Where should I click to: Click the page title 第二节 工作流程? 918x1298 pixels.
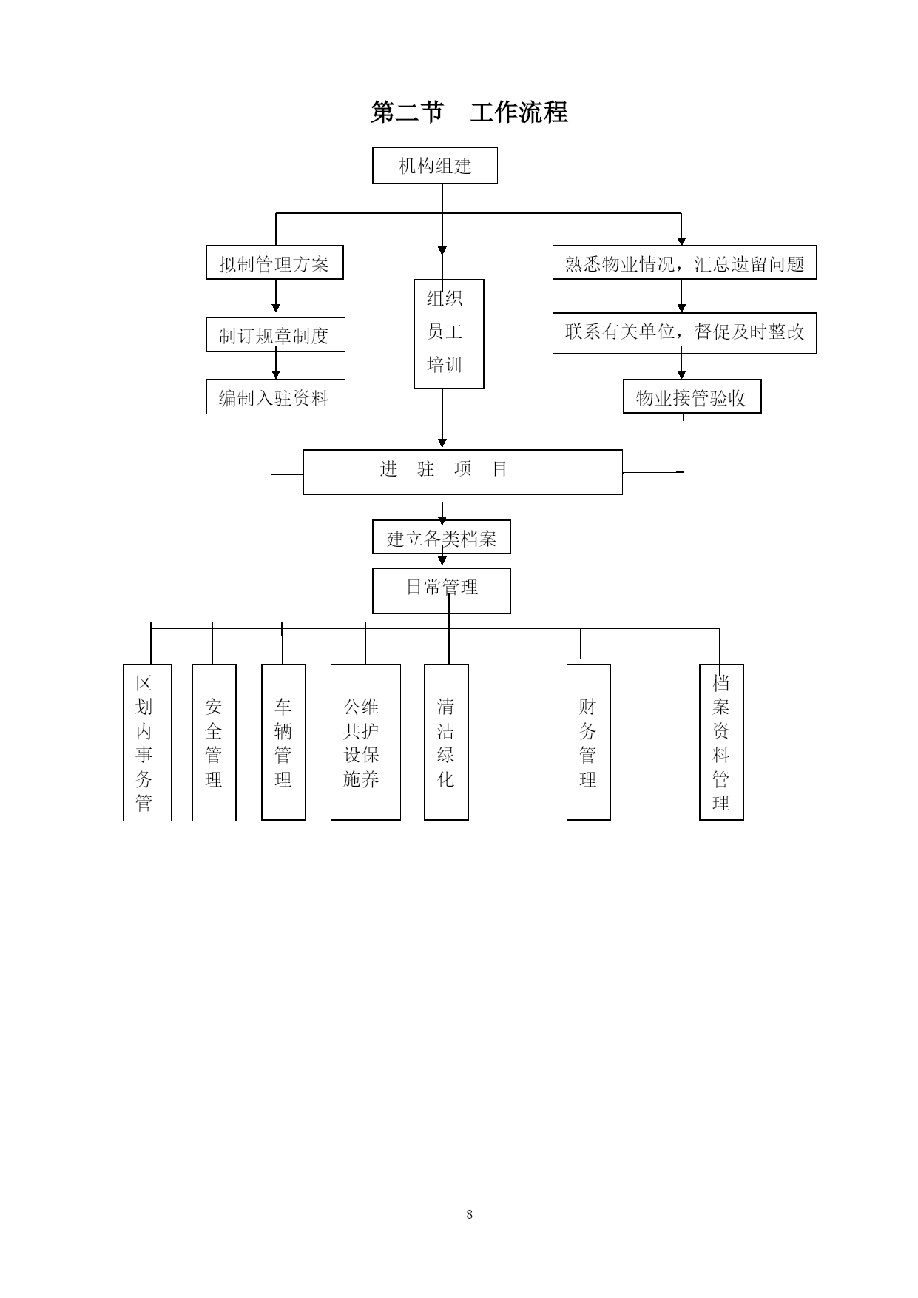click(469, 112)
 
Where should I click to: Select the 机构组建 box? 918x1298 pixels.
click(435, 166)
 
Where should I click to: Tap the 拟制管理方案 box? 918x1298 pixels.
click(274, 263)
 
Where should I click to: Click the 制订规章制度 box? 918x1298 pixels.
click(275, 334)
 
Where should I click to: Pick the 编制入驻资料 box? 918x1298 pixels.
click(275, 397)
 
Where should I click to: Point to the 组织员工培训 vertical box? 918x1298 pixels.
click(448, 334)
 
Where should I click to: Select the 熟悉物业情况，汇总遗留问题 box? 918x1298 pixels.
click(684, 263)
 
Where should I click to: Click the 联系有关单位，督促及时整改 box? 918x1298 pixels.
click(684, 333)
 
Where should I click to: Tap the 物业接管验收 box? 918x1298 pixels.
click(692, 397)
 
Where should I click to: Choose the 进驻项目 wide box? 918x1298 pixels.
click(462, 472)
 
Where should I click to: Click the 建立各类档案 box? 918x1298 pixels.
click(442, 537)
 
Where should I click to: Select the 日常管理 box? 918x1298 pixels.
click(442, 591)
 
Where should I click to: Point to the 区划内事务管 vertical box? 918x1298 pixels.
click(147, 742)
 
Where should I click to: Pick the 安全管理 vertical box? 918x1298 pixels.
click(214, 742)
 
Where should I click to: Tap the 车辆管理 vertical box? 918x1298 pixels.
click(283, 742)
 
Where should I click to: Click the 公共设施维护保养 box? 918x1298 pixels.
click(365, 742)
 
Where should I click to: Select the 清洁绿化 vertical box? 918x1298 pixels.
click(446, 742)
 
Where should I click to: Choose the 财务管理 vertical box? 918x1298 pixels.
click(588, 742)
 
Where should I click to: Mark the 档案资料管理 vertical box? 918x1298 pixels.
click(721, 742)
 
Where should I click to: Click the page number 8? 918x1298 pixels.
click(469, 1214)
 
